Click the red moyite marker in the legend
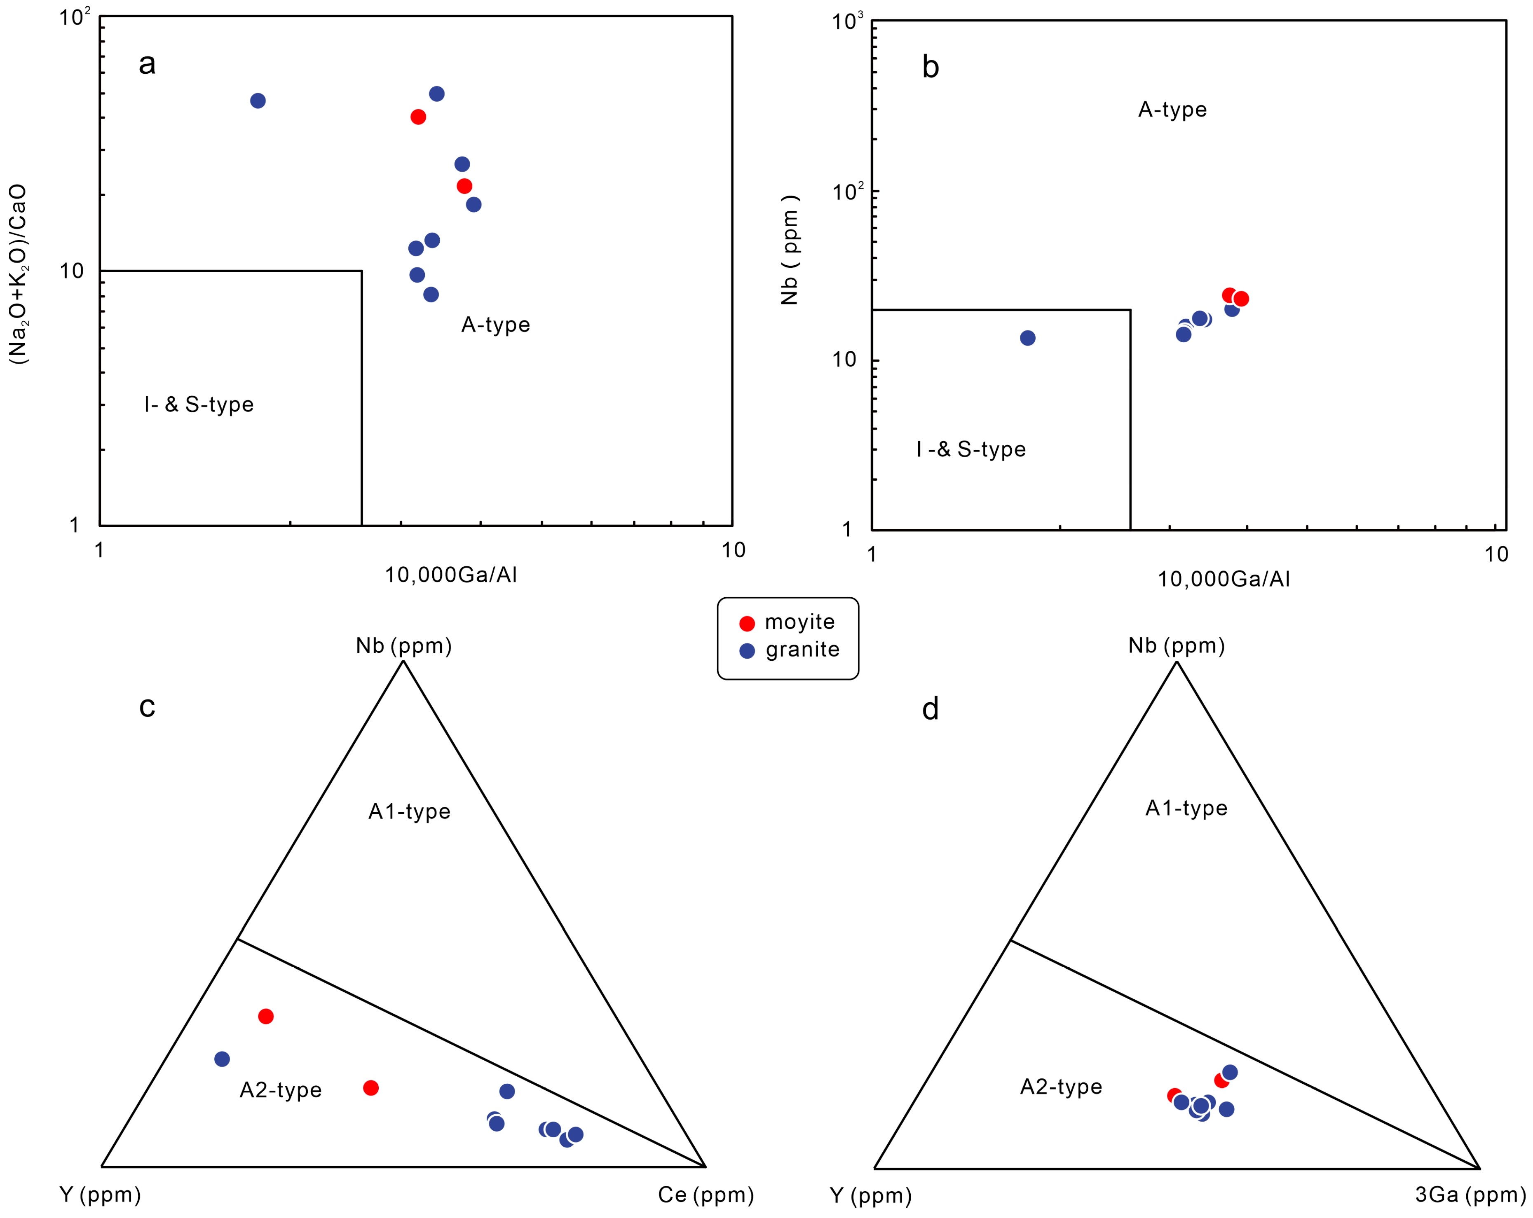coord(747,623)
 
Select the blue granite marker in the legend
coord(747,651)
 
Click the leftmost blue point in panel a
coord(258,101)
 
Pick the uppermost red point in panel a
coord(418,117)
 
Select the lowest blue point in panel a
coord(431,294)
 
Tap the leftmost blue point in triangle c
coord(222,1059)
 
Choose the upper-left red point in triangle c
coord(266,1016)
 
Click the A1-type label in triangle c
coord(410,811)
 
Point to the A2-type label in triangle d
coord(1061,1087)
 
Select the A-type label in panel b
coord(1172,110)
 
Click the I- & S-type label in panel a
coord(199,404)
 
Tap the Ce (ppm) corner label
coord(706,1195)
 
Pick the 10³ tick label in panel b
coord(848,21)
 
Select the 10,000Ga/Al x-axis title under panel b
coord(1224,579)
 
